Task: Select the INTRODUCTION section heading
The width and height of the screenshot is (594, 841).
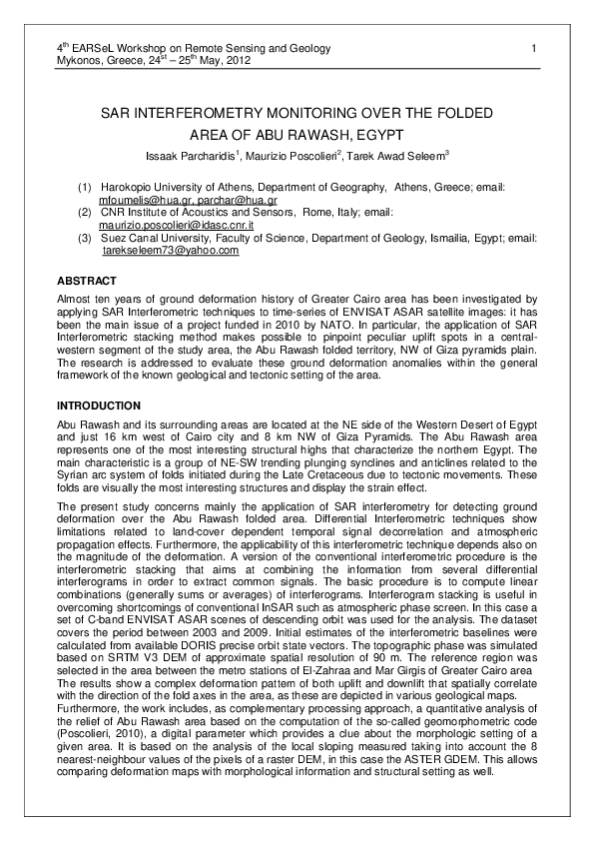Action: pos(99,407)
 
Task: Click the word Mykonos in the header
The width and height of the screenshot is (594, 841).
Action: pos(80,60)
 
